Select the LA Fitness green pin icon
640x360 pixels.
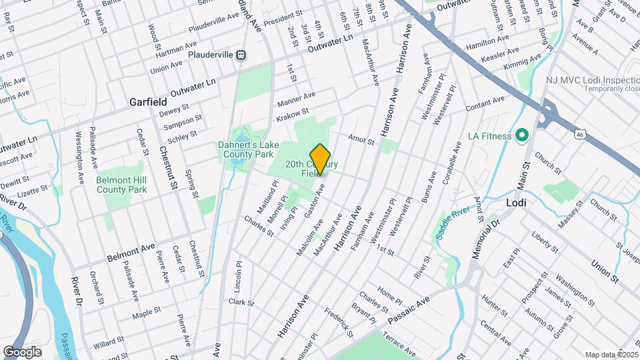(x=522, y=136)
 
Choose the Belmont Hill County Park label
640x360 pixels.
(x=121, y=185)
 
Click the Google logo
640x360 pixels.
(x=22, y=352)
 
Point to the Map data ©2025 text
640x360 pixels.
(x=611, y=355)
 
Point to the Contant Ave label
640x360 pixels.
(x=485, y=105)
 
